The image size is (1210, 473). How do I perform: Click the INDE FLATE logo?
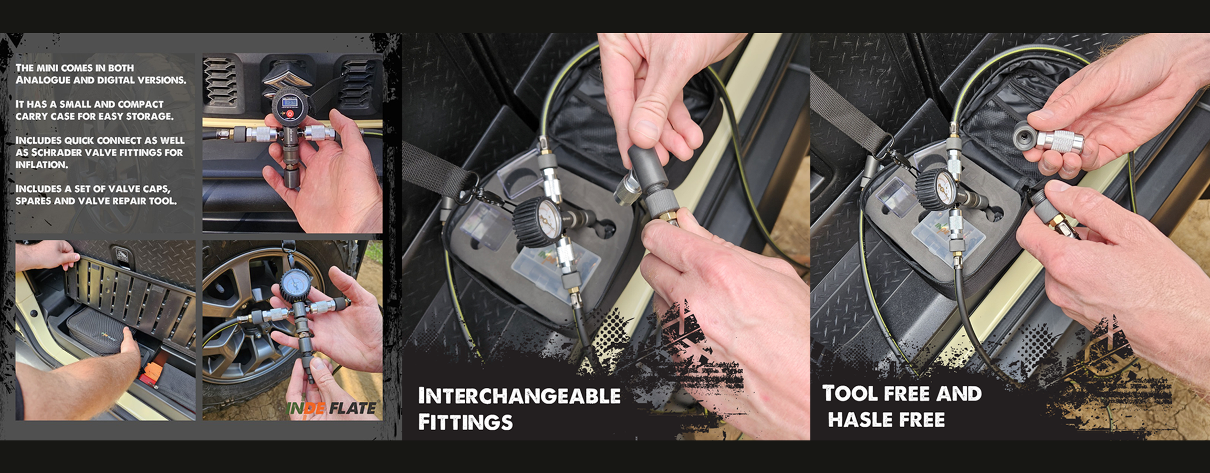click(x=331, y=408)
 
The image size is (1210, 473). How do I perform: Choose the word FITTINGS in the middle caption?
click(x=465, y=423)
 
